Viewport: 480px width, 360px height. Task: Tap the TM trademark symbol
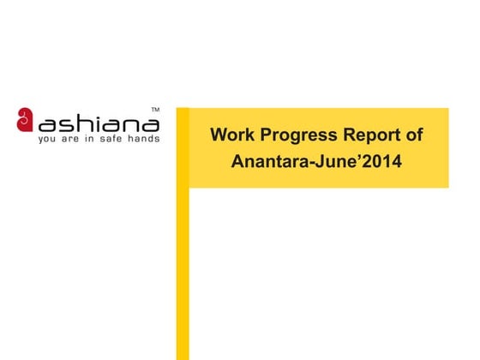[x=154, y=110]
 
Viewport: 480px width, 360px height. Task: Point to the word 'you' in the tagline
[x=48, y=138]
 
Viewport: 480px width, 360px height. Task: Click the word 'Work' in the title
[x=231, y=135]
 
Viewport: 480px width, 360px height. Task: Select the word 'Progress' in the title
[x=293, y=135]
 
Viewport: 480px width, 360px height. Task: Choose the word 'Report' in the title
[x=370, y=135]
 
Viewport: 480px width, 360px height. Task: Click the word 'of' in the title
[x=414, y=135]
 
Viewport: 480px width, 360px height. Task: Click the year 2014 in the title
[x=382, y=160]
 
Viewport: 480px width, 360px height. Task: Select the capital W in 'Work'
[x=219, y=135]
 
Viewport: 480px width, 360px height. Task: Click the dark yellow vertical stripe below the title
[x=183, y=274]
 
